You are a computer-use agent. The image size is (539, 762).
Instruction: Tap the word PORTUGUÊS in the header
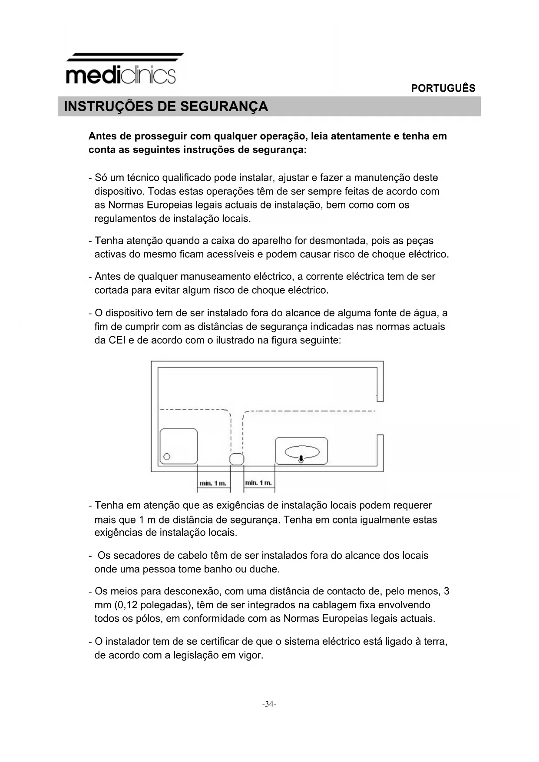(443, 88)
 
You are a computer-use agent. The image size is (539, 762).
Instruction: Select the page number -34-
(269, 704)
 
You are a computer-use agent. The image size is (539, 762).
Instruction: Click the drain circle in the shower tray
(166, 457)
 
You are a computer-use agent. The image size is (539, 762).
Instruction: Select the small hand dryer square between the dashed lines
(237, 459)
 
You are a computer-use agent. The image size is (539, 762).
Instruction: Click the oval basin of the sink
(302, 452)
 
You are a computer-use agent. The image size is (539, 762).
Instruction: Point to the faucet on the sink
(301, 459)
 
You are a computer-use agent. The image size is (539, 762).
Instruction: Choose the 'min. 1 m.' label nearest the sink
(258, 483)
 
